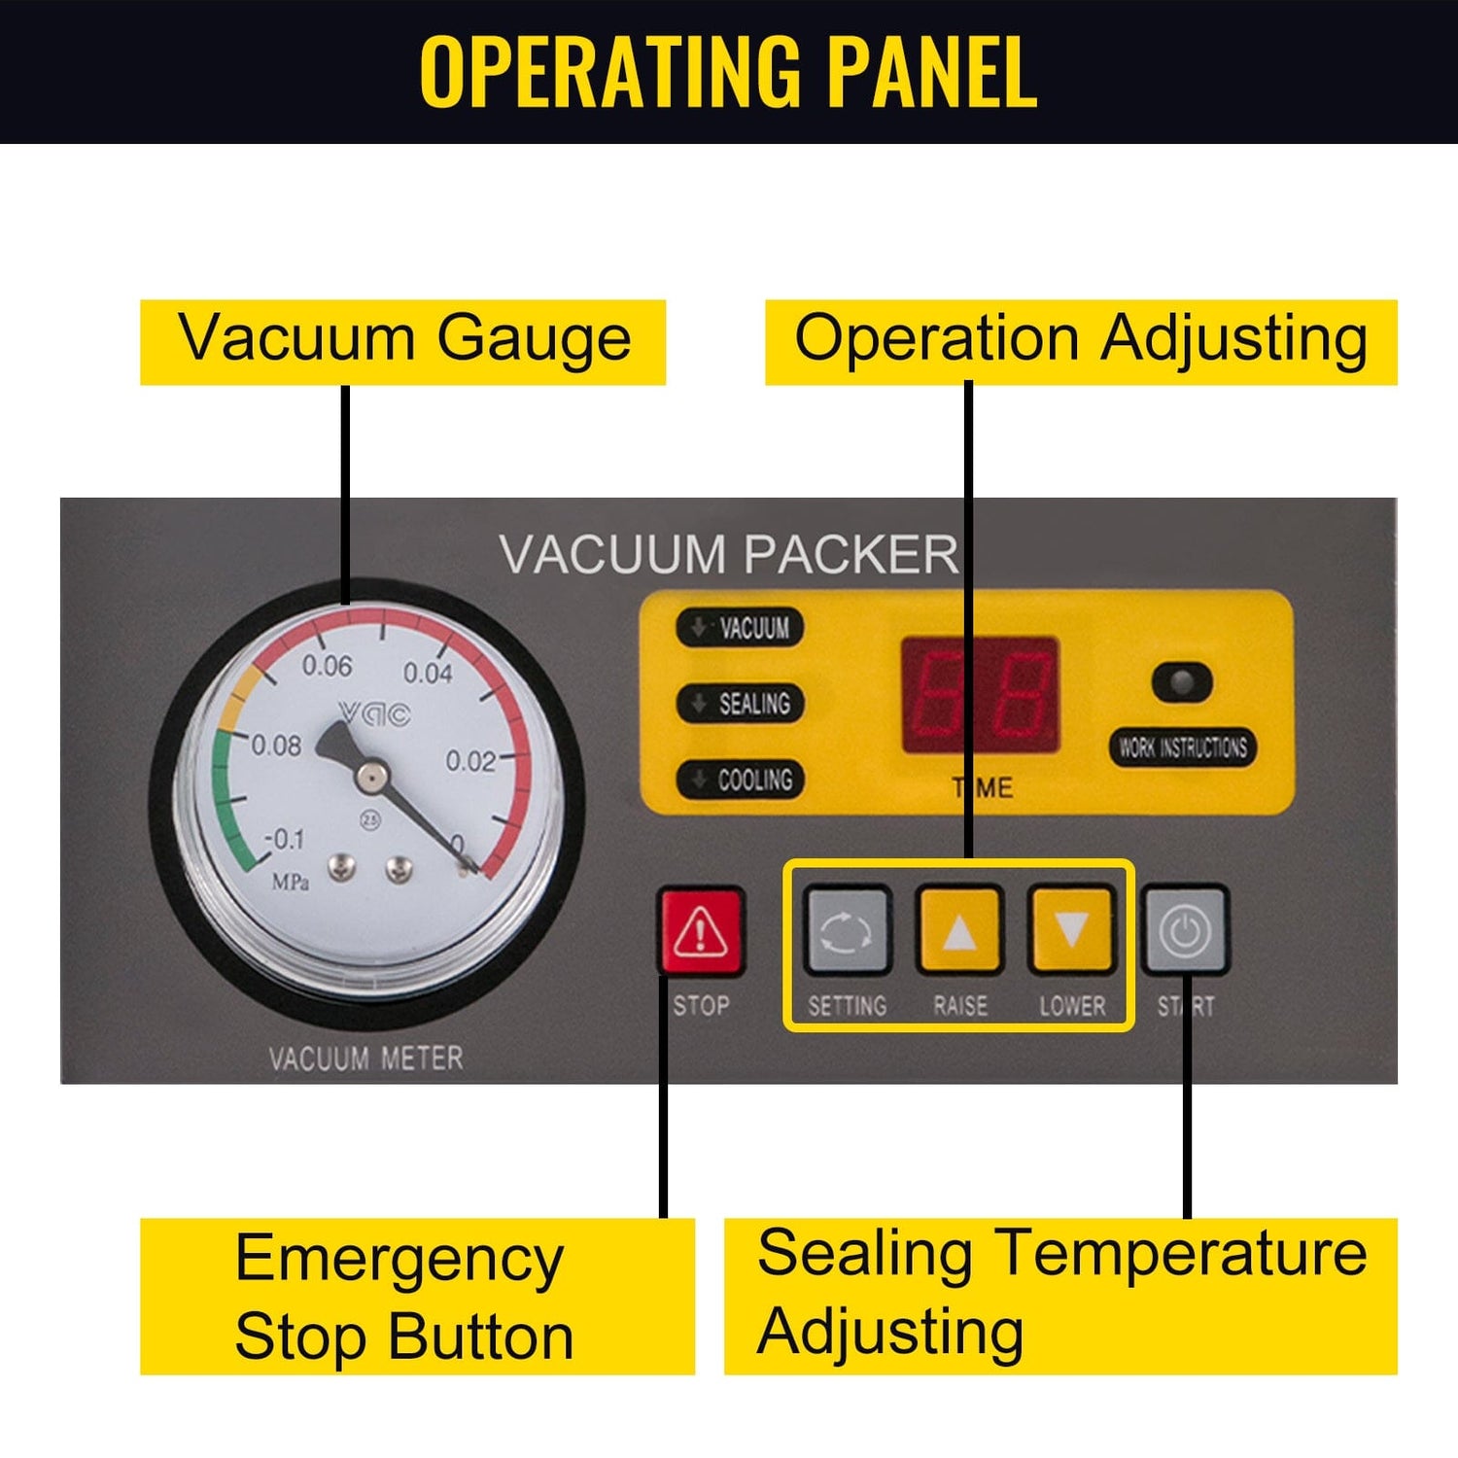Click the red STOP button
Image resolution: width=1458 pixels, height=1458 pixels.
click(x=701, y=931)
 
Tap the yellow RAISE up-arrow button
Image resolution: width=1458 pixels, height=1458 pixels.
click(x=959, y=930)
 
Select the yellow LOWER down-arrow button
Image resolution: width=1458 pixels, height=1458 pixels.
click(x=1071, y=930)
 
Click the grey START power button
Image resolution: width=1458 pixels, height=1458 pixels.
click(x=1185, y=930)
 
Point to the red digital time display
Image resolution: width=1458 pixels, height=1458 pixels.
click(x=980, y=694)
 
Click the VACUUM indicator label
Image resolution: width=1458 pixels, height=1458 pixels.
click(x=741, y=628)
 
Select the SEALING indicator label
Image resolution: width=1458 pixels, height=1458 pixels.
click(x=741, y=703)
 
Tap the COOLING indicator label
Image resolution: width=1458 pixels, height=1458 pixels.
click(x=741, y=779)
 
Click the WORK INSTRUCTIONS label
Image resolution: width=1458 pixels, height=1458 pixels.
click(x=1182, y=746)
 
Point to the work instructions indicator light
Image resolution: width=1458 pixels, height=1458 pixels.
click(x=1182, y=682)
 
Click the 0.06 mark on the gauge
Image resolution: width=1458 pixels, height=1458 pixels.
click(x=327, y=666)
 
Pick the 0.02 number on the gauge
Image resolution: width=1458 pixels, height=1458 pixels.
click(x=470, y=761)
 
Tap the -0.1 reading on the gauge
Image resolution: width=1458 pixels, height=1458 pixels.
click(x=285, y=838)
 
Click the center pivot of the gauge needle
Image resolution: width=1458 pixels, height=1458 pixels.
click(x=369, y=775)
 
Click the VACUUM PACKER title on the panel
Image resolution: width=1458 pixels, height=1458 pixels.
click(x=729, y=555)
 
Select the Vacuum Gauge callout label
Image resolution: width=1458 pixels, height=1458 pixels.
click(x=403, y=341)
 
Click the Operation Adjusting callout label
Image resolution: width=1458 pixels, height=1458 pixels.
click(x=1081, y=341)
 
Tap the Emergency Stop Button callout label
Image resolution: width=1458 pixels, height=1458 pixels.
click(x=417, y=1296)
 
